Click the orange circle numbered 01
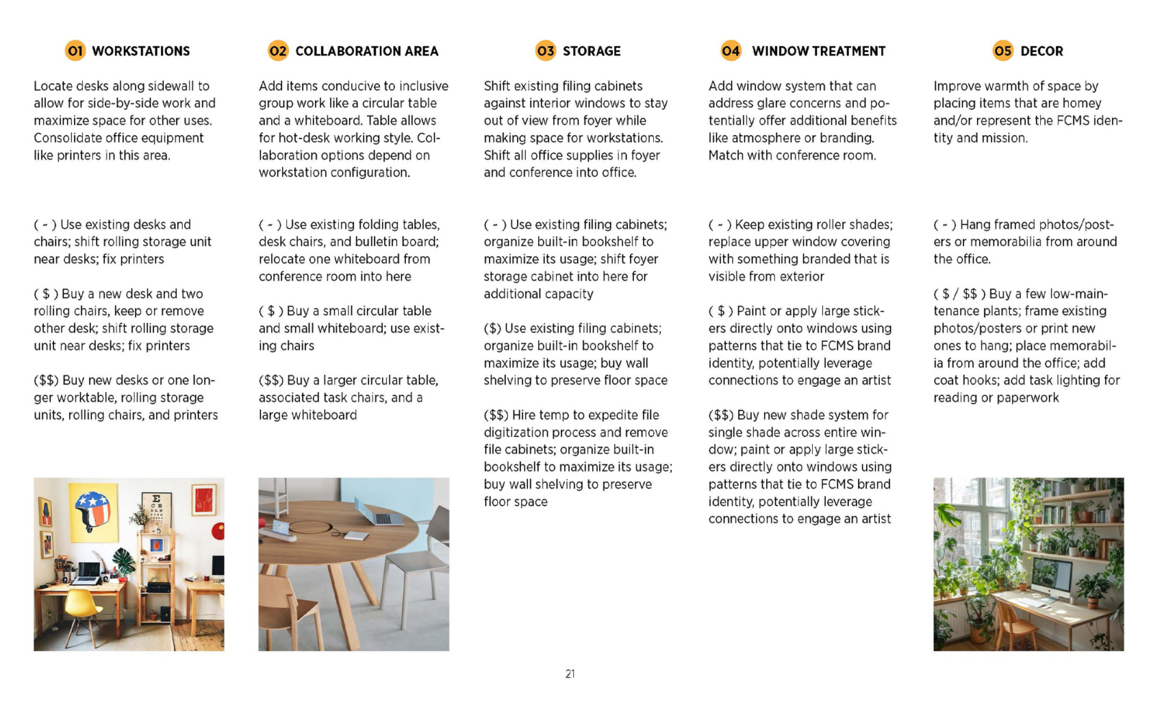(x=75, y=50)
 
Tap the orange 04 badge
(x=730, y=50)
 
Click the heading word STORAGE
(x=591, y=51)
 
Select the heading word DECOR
(x=1041, y=51)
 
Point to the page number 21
(x=570, y=674)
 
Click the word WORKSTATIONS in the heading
(x=141, y=51)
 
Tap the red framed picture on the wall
(x=203, y=499)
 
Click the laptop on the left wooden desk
(x=88, y=573)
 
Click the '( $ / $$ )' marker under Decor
(x=959, y=294)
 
